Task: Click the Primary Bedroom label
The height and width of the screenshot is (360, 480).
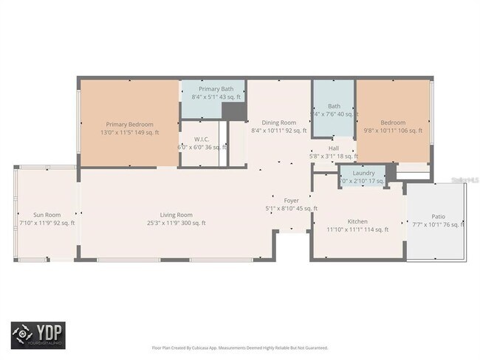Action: click(129, 124)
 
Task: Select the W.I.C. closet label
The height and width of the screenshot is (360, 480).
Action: click(202, 139)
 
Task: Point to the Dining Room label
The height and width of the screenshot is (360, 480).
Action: click(278, 122)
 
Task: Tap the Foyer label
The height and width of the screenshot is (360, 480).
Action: click(291, 200)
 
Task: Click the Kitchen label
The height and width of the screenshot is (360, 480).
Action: click(357, 221)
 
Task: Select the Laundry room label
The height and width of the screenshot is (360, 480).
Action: click(363, 173)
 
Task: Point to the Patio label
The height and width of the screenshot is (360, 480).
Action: click(439, 216)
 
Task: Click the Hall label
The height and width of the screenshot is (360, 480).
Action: click(334, 148)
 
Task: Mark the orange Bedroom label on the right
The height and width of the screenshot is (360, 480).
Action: click(393, 122)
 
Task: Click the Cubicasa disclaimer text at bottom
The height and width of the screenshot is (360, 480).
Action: click(241, 346)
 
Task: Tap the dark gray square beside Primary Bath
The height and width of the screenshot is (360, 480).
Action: click(234, 111)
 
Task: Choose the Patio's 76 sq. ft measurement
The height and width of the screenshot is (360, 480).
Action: click(453, 224)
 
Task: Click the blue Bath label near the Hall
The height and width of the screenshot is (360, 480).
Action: click(334, 105)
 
